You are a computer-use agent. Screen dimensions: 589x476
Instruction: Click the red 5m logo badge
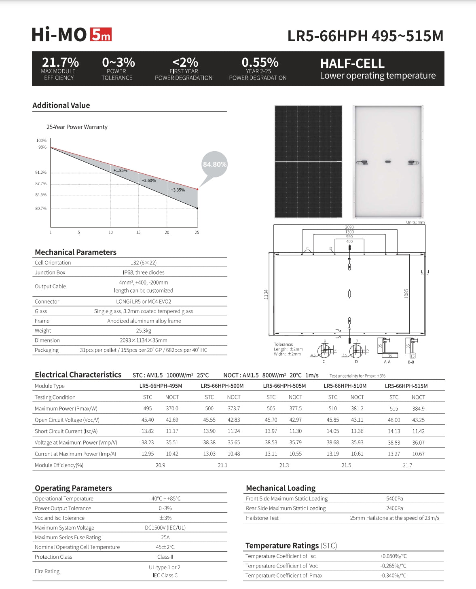(x=100, y=34)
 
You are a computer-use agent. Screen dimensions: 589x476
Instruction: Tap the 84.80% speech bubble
(x=214, y=165)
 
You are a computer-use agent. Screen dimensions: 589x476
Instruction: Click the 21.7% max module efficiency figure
(x=60, y=62)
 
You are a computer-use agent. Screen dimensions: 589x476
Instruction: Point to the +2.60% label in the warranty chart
(x=149, y=180)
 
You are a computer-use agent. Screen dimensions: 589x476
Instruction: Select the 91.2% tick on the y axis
(x=41, y=173)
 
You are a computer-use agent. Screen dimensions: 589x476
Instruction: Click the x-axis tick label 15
(x=138, y=232)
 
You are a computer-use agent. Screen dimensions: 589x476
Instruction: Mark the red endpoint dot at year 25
(x=197, y=189)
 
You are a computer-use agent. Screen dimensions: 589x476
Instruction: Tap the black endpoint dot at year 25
(x=197, y=208)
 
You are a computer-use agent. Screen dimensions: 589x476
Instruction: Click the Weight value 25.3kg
(x=144, y=331)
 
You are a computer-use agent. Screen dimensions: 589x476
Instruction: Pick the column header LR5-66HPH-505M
(x=284, y=386)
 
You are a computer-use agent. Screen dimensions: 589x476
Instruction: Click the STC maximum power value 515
(x=394, y=409)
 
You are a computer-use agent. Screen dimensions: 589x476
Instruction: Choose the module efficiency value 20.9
(x=161, y=465)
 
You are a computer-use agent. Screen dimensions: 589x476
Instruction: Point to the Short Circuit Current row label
(x=66, y=431)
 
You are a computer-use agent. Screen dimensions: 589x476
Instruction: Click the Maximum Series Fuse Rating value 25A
(x=165, y=537)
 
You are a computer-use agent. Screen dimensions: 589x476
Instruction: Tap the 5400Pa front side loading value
(x=394, y=499)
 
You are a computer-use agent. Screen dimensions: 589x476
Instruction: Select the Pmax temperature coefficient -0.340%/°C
(x=393, y=576)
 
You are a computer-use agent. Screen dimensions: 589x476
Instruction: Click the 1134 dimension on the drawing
(x=266, y=294)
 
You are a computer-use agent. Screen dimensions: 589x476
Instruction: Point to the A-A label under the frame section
(x=387, y=362)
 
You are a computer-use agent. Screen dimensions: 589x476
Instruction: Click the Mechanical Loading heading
(x=281, y=488)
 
